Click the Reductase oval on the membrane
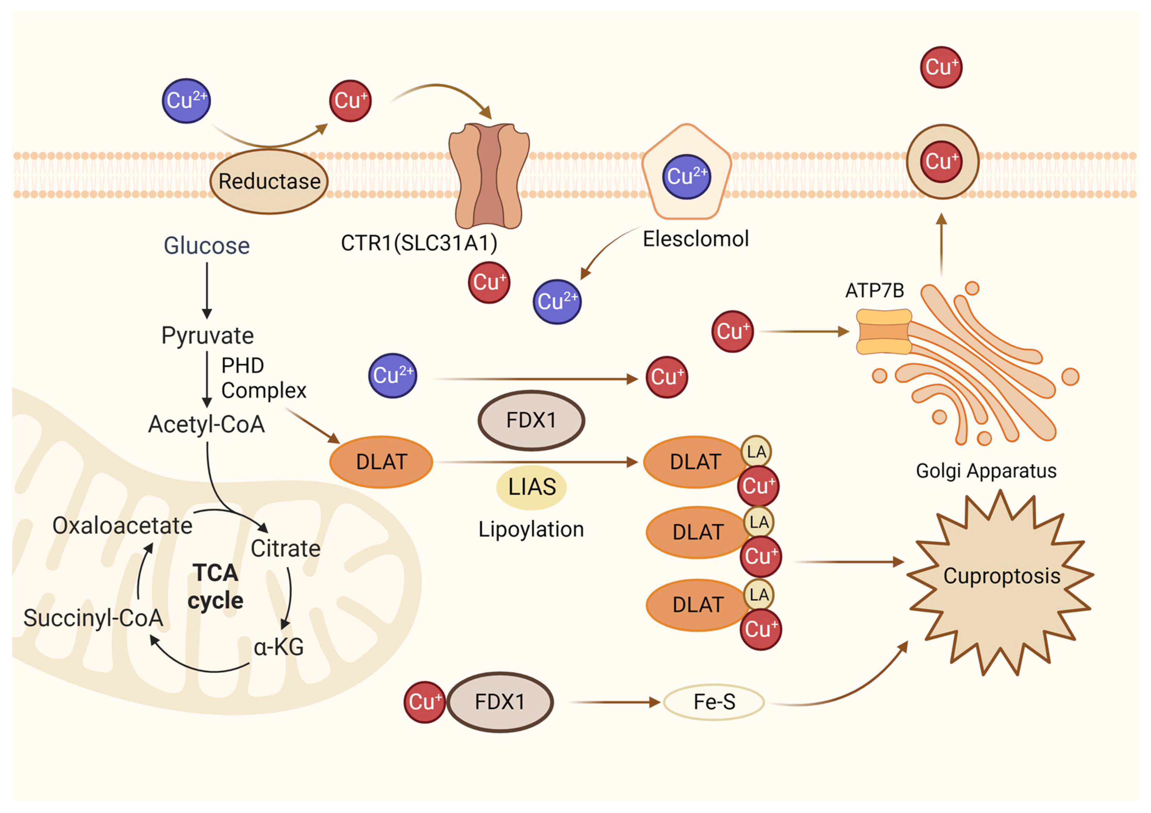[x=269, y=181]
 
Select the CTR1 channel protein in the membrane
[x=489, y=176]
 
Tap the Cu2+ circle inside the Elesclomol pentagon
[x=686, y=177]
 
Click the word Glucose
[x=206, y=246]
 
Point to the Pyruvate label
[x=207, y=335]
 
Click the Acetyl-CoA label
[x=206, y=424]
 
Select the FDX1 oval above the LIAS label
[x=531, y=420]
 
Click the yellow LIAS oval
[x=532, y=487]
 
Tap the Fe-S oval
[x=714, y=702]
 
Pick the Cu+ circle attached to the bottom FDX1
[x=425, y=702]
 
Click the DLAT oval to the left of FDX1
[x=381, y=462]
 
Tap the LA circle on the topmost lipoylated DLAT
[x=756, y=452]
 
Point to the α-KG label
[x=279, y=647]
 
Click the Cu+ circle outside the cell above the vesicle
[x=941, y=67]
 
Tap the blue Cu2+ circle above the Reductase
[x=186, y=101]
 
